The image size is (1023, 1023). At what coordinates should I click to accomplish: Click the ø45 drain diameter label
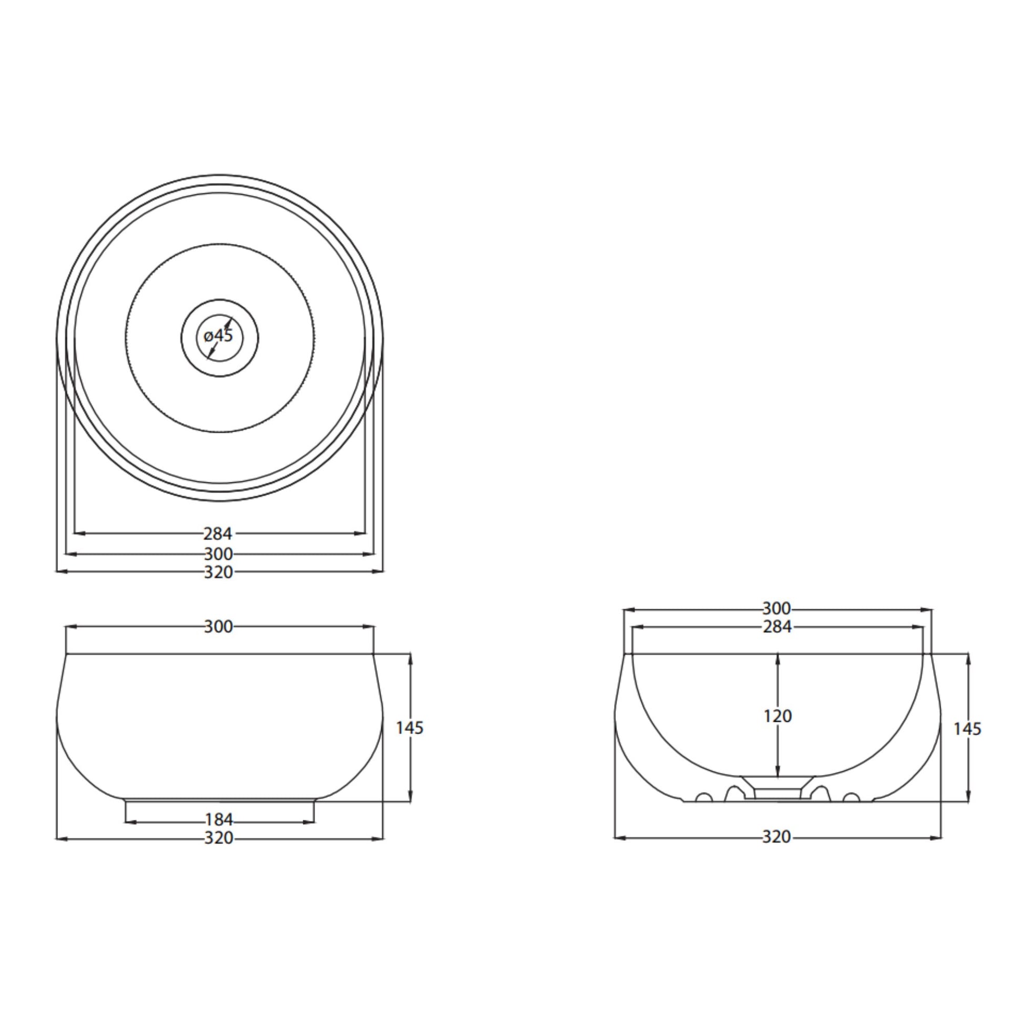218,336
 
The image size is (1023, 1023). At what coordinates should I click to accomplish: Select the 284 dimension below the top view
218,533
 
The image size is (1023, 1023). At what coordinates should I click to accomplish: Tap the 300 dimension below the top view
218,554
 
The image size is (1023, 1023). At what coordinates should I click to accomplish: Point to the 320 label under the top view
218,572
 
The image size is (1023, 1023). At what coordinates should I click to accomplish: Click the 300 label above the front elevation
218,627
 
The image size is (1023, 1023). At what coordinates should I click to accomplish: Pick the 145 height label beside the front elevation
410,728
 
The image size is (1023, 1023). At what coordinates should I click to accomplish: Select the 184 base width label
219,820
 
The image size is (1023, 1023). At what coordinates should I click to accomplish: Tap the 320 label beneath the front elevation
218,837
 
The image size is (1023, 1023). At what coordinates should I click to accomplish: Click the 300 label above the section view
777,608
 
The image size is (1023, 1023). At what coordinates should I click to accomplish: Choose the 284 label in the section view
777,627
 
